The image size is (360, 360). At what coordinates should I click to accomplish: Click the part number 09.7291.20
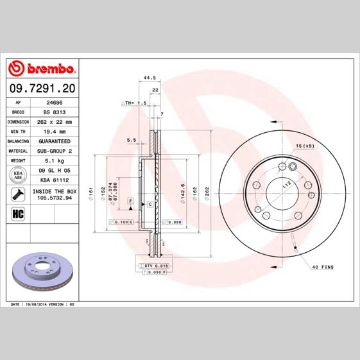pos(42,87)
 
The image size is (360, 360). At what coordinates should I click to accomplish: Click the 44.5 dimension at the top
pos(150,78)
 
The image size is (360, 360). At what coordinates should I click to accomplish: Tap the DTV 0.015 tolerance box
pos(155,265)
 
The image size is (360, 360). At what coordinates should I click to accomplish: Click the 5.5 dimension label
pos(132,139)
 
